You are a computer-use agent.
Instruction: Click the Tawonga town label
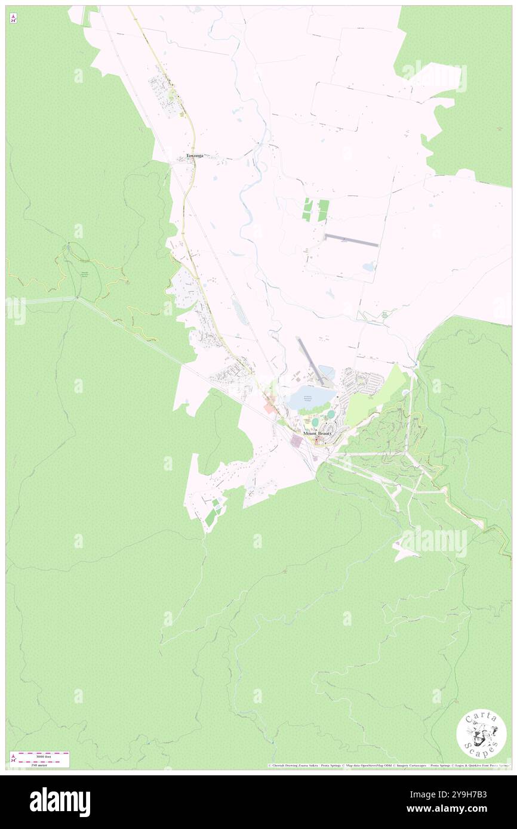click(x=195, y=156)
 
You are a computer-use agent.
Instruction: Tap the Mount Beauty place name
click(x=316, y=433)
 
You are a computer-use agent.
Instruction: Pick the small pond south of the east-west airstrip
click(x=368, y=267)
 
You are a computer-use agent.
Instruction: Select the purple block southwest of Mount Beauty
click(x=296, y=441)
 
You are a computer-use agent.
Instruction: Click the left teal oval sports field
click(x=315, y=422)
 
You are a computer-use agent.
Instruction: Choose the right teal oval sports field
click(x=331, y=414)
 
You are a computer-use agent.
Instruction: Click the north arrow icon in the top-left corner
click(x=13, y=18)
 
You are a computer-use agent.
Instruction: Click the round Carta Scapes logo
click(x=481, y=735)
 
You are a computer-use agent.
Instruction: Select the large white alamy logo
click(x=60, y=802)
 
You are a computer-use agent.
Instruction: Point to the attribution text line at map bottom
click(x=388, y=765)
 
